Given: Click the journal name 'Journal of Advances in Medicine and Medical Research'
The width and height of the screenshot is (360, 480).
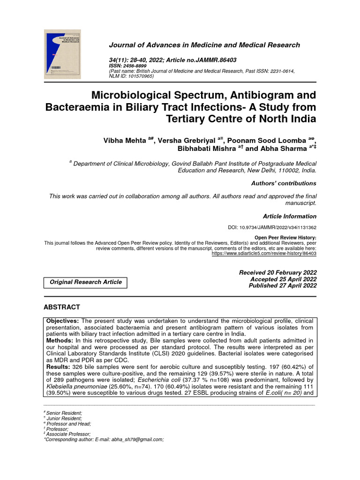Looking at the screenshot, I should pyautogui.click(x=204, y=45).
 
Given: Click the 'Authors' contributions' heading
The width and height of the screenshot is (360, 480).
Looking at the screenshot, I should pyautogui.click(x=284, y=183).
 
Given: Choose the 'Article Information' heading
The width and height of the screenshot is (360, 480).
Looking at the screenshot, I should pyautogui.click(x=289, y=216).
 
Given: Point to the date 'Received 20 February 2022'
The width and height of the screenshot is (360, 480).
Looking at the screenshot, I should pyautogui.click(x=277, y=272).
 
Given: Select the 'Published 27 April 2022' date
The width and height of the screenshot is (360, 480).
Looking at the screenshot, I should pyautogui.click(x=282, y=285).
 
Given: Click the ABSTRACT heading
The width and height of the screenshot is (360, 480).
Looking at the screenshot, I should pyautogui.click(x=62, y=307).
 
